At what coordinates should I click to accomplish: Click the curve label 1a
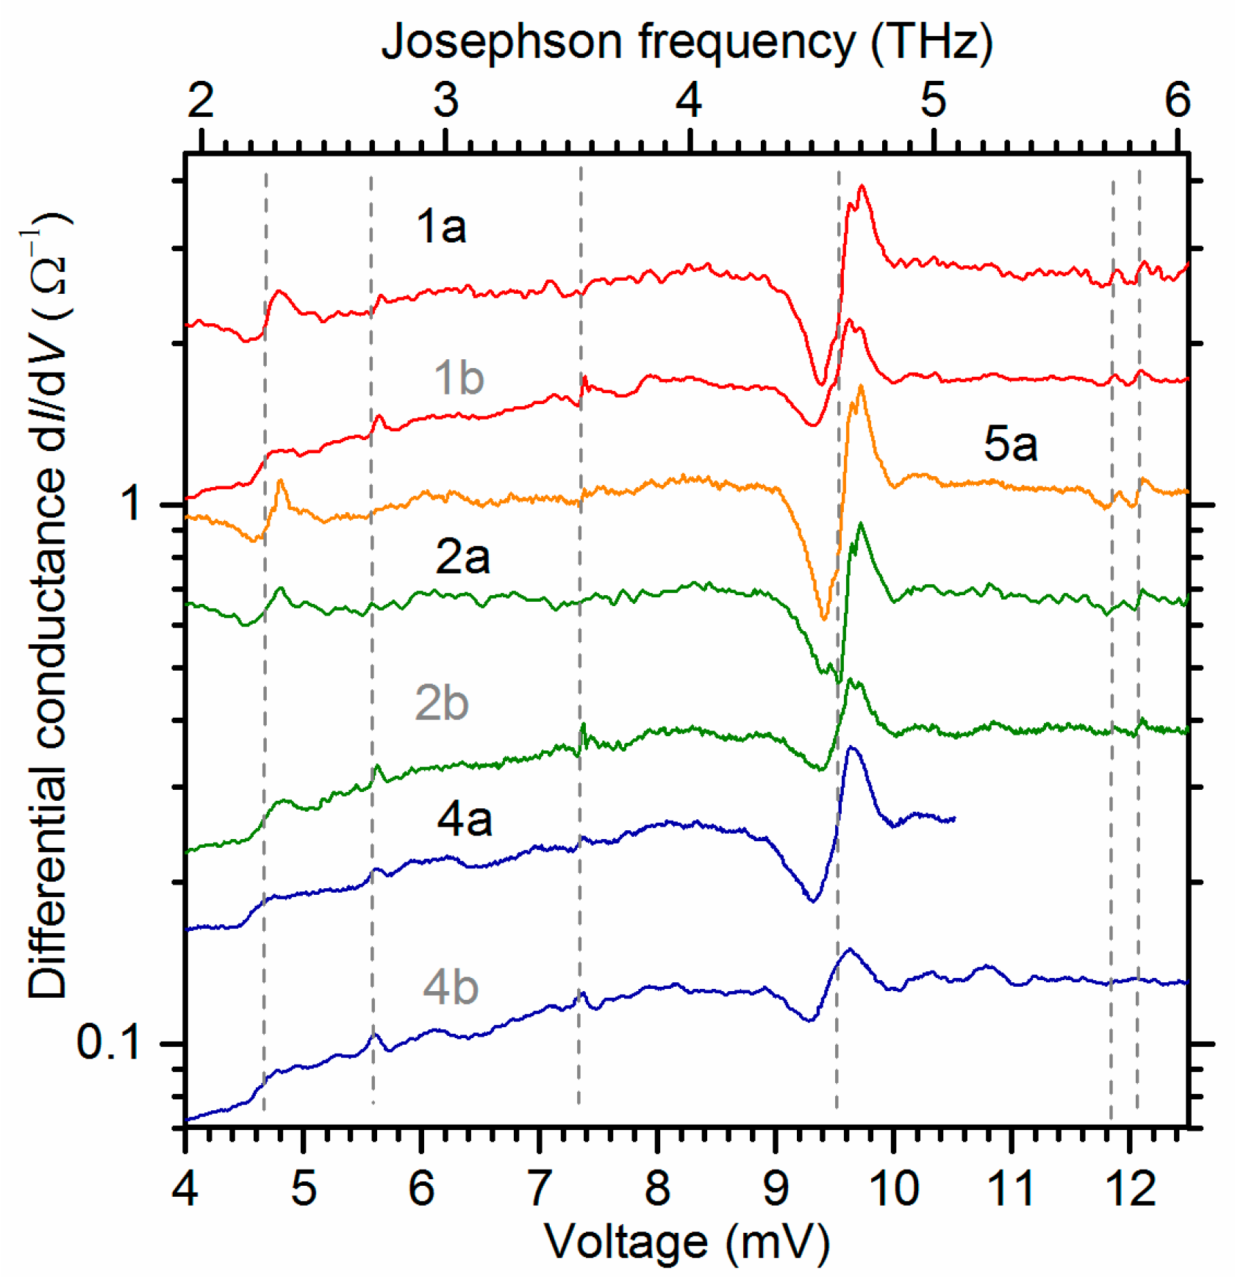point(440,226)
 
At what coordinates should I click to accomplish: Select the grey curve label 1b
point(459,378)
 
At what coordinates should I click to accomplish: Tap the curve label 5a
point(1010,444)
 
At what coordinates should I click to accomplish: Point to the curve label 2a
point(462,556)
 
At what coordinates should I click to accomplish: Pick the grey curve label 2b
point(441,703)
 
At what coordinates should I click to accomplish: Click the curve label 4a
point(464,818)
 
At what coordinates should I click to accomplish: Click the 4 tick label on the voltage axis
point(185,1187)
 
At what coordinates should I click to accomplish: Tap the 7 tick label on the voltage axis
point(539,1187)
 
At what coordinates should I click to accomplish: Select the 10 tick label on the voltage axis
point(894,1187)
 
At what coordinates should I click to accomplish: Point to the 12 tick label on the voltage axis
point(1131,1187)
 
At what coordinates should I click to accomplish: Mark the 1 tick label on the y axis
point(132,504)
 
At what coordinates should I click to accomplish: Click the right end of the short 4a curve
point(953,818)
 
